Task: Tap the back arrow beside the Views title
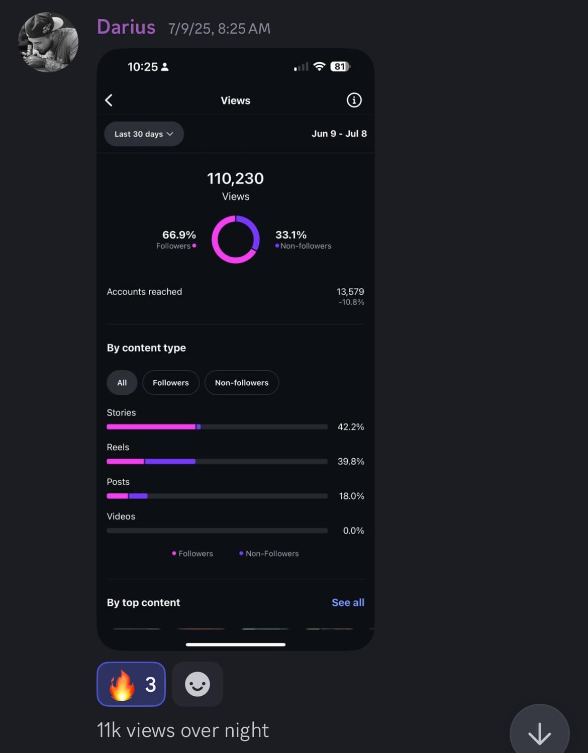tap(109, 100)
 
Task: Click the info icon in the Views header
tap(354, 100)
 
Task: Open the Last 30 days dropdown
tap(144, 134)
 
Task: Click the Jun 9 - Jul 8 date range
tap(339, 134)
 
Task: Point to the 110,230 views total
tap(235, 178)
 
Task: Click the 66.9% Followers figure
tap(179, 235)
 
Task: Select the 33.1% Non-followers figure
tap(291, 235)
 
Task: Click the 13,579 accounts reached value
tap(350, 291)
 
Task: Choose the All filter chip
tap(122, 383)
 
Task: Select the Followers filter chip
tap(171, 383)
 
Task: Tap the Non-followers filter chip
tap(242, 383)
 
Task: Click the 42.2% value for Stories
tap(351, 426)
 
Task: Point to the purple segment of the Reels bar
tap(170, 461)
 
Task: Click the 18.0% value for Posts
tap(351, 496)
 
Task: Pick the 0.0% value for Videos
tap(353, 530)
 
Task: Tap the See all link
tap(348, 602)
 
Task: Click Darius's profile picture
tap(48, 42)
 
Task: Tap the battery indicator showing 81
tap(340, 66)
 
